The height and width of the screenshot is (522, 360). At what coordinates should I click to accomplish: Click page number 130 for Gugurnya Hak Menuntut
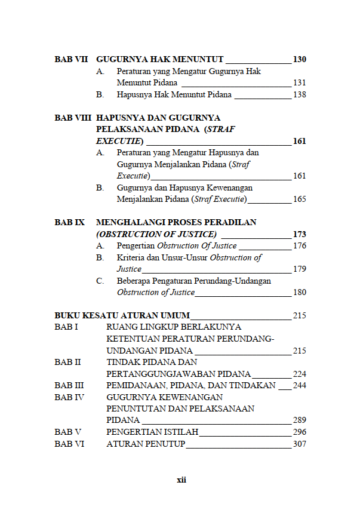[x=299, y=59]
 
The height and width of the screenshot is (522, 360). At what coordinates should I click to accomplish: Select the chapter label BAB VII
[x=71, y=59]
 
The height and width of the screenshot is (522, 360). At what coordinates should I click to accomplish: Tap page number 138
[x=299, y=94]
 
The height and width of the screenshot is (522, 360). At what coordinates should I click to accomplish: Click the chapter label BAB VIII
[x=73, y=118]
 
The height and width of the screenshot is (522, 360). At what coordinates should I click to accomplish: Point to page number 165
[x=299, y=199]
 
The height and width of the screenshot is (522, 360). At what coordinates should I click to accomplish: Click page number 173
[x=299, y=234]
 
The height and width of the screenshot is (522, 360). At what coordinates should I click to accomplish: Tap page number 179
[x=299, y=269]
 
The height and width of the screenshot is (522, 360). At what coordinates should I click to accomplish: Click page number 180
[x=299, y=292]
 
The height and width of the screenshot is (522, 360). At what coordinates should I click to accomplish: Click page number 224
[x=299, y=374]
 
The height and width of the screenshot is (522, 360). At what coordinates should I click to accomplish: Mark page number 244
[x=299, y=385]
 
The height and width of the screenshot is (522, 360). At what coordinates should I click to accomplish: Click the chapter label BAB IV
[x=69, y=397]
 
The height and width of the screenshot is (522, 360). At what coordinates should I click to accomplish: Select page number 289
[x=299, y=420]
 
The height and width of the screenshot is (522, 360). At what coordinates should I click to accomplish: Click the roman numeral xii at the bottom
[x=181, y=480]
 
